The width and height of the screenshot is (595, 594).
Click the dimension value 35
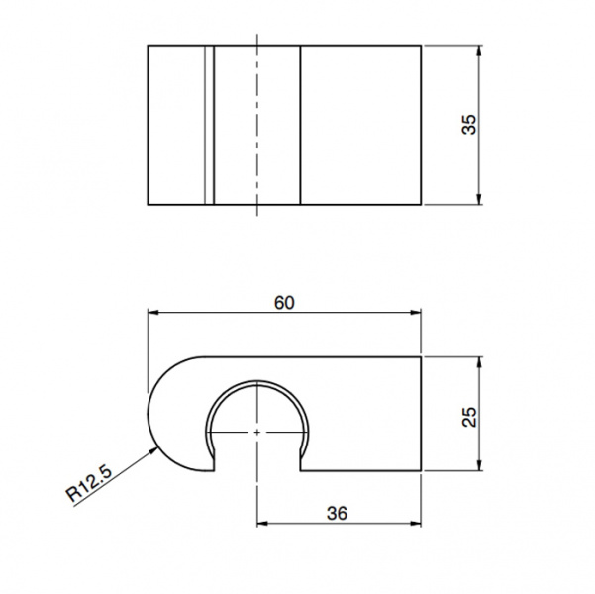[x=469, y=124]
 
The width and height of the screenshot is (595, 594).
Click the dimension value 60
[x=284, y=303]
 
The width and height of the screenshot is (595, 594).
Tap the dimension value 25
[x=469, y=417]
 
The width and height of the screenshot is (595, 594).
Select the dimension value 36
[x=337, y=514]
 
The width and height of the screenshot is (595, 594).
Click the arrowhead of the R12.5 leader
[x=153, y=450]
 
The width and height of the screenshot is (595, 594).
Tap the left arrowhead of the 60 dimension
[x=152, y=313]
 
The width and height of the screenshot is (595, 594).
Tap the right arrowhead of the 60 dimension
[x=416, y=313]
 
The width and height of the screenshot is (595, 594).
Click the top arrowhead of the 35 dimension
[x=479, y=50]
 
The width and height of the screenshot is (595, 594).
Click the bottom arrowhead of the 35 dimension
[x=479, y=199]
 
